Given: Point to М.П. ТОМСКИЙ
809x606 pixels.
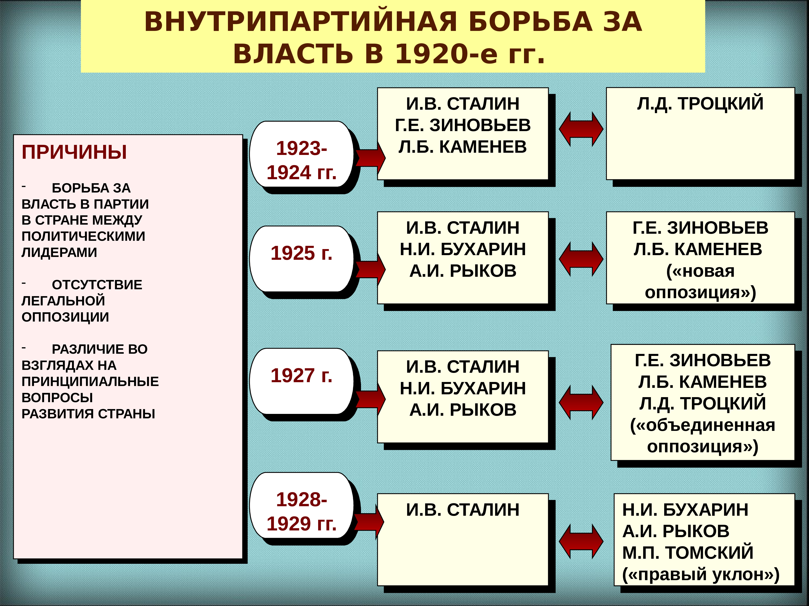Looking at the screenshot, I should coord(688,552).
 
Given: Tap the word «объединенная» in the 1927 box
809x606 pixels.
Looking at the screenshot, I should coord(702,425).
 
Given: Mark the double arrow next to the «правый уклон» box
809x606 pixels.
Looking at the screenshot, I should coord(581,541).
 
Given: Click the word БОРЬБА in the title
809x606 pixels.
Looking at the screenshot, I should coord(530,22).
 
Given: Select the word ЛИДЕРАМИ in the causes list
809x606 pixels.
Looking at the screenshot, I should coord(59,253).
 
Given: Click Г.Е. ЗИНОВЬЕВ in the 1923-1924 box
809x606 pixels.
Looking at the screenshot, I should coord(463,125).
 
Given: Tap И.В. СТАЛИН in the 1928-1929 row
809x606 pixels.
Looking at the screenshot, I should coord(463,510).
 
